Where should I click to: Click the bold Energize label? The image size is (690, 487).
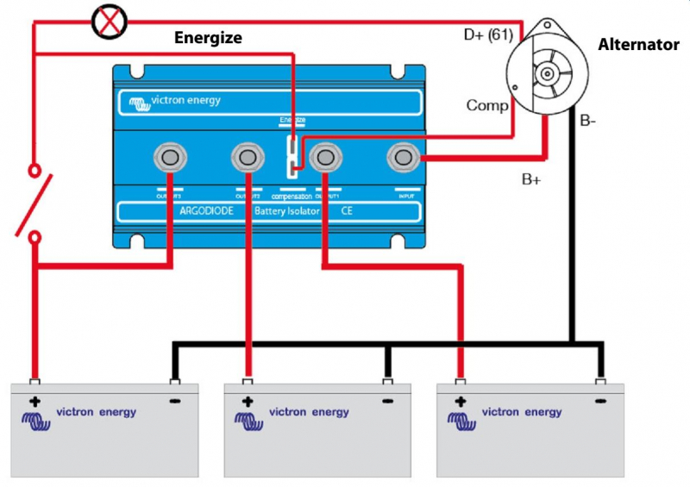[208, 38]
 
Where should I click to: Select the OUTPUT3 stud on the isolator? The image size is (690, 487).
[170, 158]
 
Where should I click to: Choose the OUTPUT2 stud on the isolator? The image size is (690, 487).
[248, 158]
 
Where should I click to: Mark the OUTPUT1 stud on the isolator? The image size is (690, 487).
[325, 158]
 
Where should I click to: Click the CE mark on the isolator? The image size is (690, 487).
[346, 210]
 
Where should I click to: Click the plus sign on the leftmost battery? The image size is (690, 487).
[35, 402]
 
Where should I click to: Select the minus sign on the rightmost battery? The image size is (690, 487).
[601, 402]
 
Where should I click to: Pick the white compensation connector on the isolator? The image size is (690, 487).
[294, 156]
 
